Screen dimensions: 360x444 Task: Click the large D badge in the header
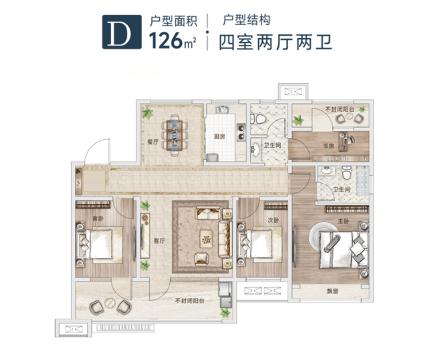116,32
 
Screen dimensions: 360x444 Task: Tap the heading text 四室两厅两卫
275,42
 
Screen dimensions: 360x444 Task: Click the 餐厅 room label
153,142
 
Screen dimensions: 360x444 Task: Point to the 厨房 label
219,136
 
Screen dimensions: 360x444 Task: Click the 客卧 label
98,218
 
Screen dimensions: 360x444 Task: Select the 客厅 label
159,241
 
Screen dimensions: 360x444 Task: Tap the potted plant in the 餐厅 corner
147,113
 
